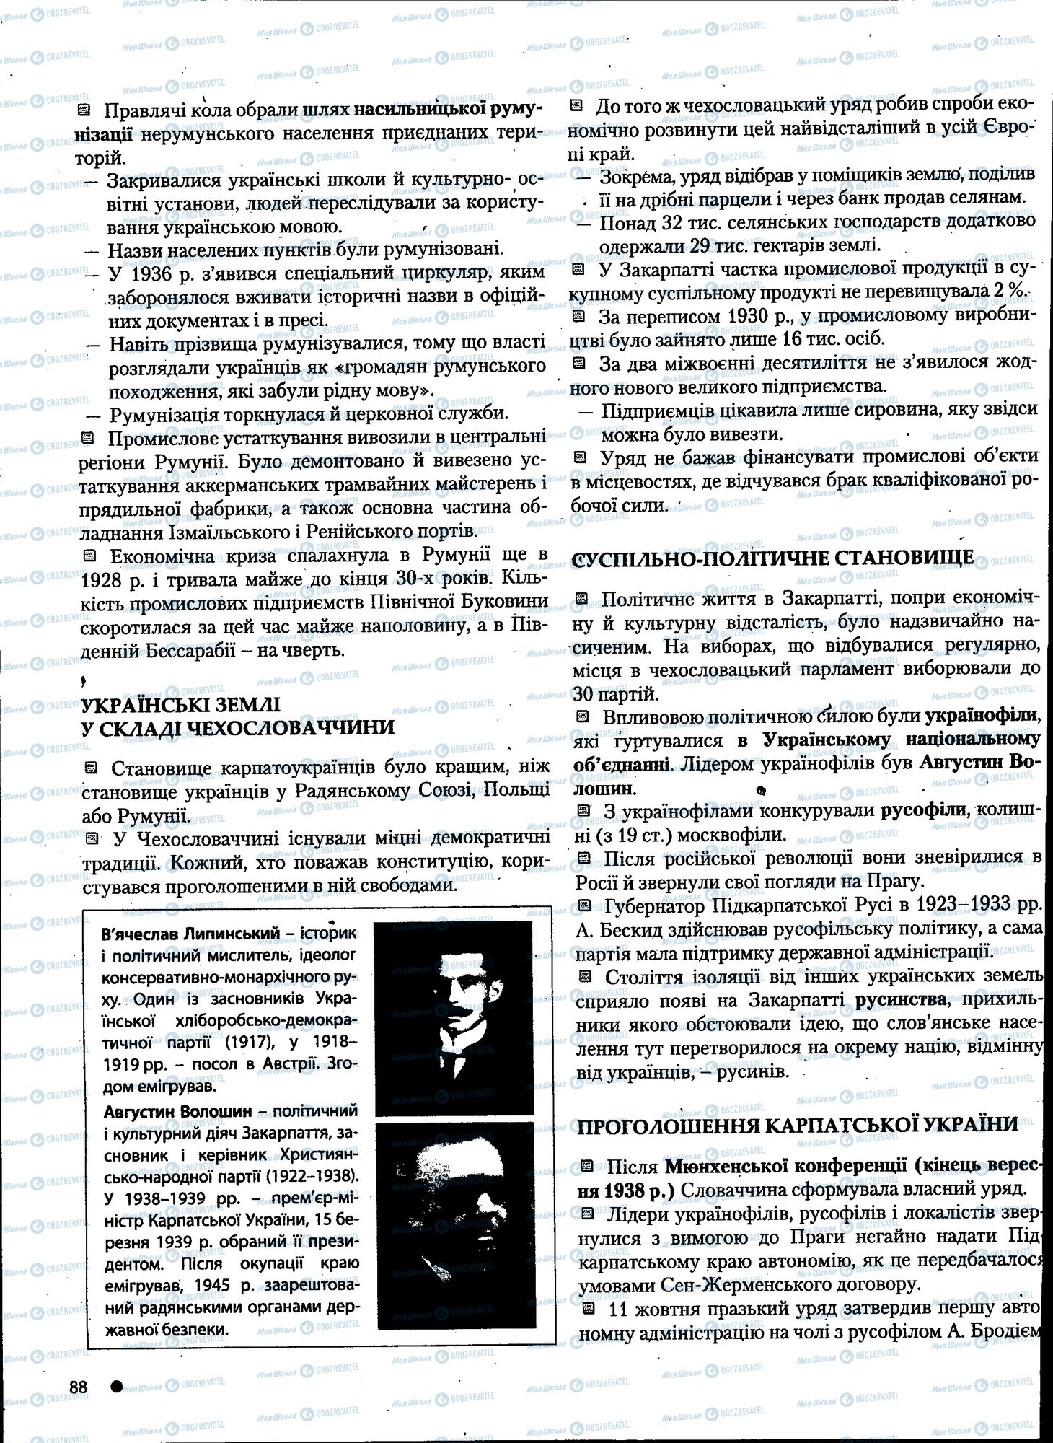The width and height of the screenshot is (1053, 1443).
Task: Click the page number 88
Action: tap(78, 1387)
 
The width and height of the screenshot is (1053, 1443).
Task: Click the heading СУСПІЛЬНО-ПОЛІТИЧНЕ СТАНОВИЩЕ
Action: tap(772, 558)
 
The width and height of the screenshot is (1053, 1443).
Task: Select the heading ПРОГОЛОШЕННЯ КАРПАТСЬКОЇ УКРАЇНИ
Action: tap(798, 1126)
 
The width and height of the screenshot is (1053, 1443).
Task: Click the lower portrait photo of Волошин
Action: tap(454, 1227)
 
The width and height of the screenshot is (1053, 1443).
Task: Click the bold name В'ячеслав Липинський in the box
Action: tap(192, 934)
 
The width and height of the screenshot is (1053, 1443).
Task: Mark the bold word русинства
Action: tap(901, 1000)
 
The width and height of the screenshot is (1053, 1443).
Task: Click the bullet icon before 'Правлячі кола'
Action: tap(83, 110)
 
